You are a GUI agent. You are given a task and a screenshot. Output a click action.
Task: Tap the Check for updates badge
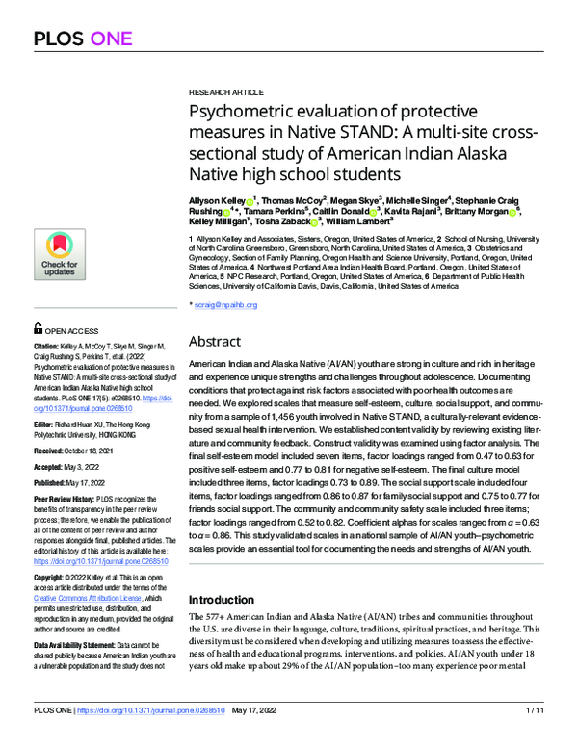59,254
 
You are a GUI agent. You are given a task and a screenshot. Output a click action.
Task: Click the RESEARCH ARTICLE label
224,85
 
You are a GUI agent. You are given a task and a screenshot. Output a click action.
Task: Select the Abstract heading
215,341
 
